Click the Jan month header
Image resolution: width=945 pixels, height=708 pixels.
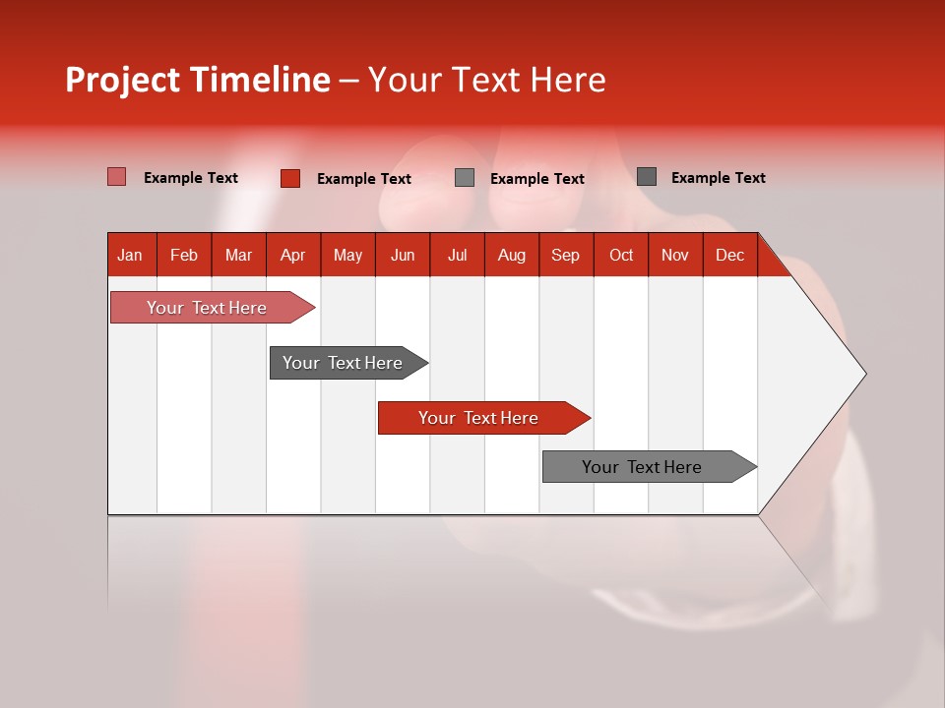click(130, 255)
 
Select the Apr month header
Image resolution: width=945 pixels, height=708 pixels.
click(293, 255)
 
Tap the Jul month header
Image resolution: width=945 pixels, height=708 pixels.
click(458, 255)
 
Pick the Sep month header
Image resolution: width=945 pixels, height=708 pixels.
click(566, 255)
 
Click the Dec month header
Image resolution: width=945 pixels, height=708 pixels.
click(730, 255)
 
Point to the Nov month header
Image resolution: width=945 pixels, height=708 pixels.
click(675, 255)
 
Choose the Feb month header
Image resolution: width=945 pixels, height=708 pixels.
click(184, 255)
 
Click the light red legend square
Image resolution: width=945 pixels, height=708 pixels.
click(117, 177)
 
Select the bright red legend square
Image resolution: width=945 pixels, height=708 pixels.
click(290, 178)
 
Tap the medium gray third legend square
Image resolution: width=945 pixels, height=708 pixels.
click(465, 178)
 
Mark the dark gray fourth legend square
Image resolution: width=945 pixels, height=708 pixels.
click(647, 177)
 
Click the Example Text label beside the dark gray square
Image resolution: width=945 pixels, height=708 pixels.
click(718, 178)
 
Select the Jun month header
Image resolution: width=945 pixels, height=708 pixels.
click(403, 255)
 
